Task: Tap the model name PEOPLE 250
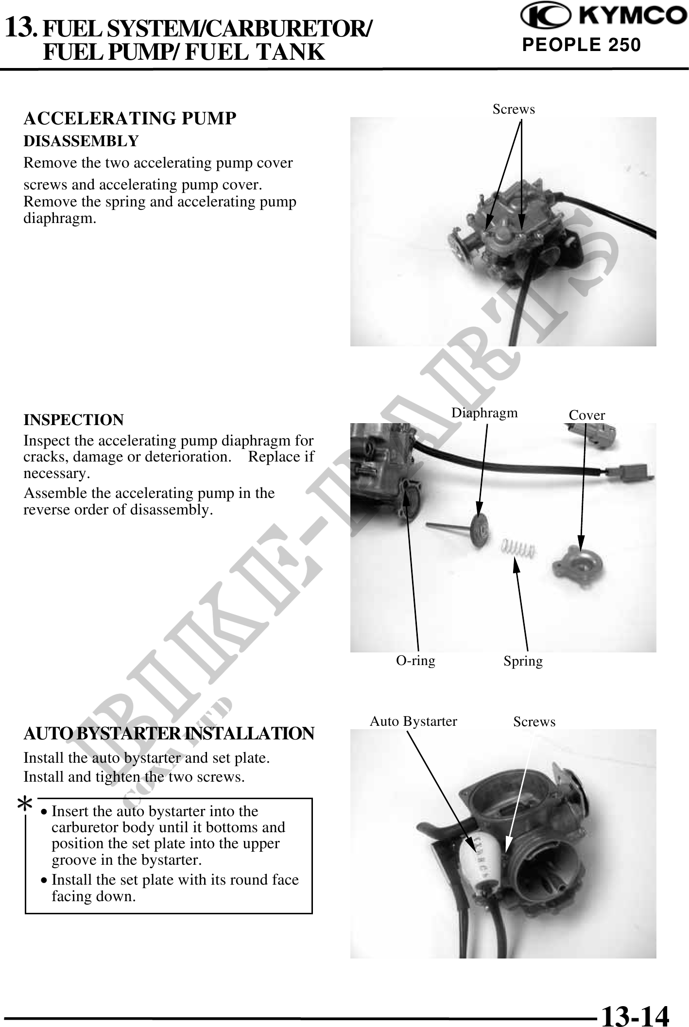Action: pyautogui.click(x=582, y=45)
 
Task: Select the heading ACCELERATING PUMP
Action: pyautogui.click(x=130, y=118)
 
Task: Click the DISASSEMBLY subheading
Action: pyautogui.click(x=81, y=141)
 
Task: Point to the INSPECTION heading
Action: pyautogui.click(x=74, y=420)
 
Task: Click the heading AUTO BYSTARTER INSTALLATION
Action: pyautogui.click(x=169, y=734)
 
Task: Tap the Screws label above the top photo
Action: pyautogui.click(x=514, y=109)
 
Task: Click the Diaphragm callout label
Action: pyautogui.click(x=484, y=413)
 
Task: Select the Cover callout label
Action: pyautogui.click(x=587, y=415)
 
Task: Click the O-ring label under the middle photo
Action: pyautogui.click(x=416, y=660)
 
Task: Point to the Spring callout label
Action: pyautogui.click(x=523, y=661)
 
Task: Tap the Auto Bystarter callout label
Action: pyautogui.click(x=413, y=721)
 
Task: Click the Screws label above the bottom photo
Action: pyautogui.click(x=534, y=722)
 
